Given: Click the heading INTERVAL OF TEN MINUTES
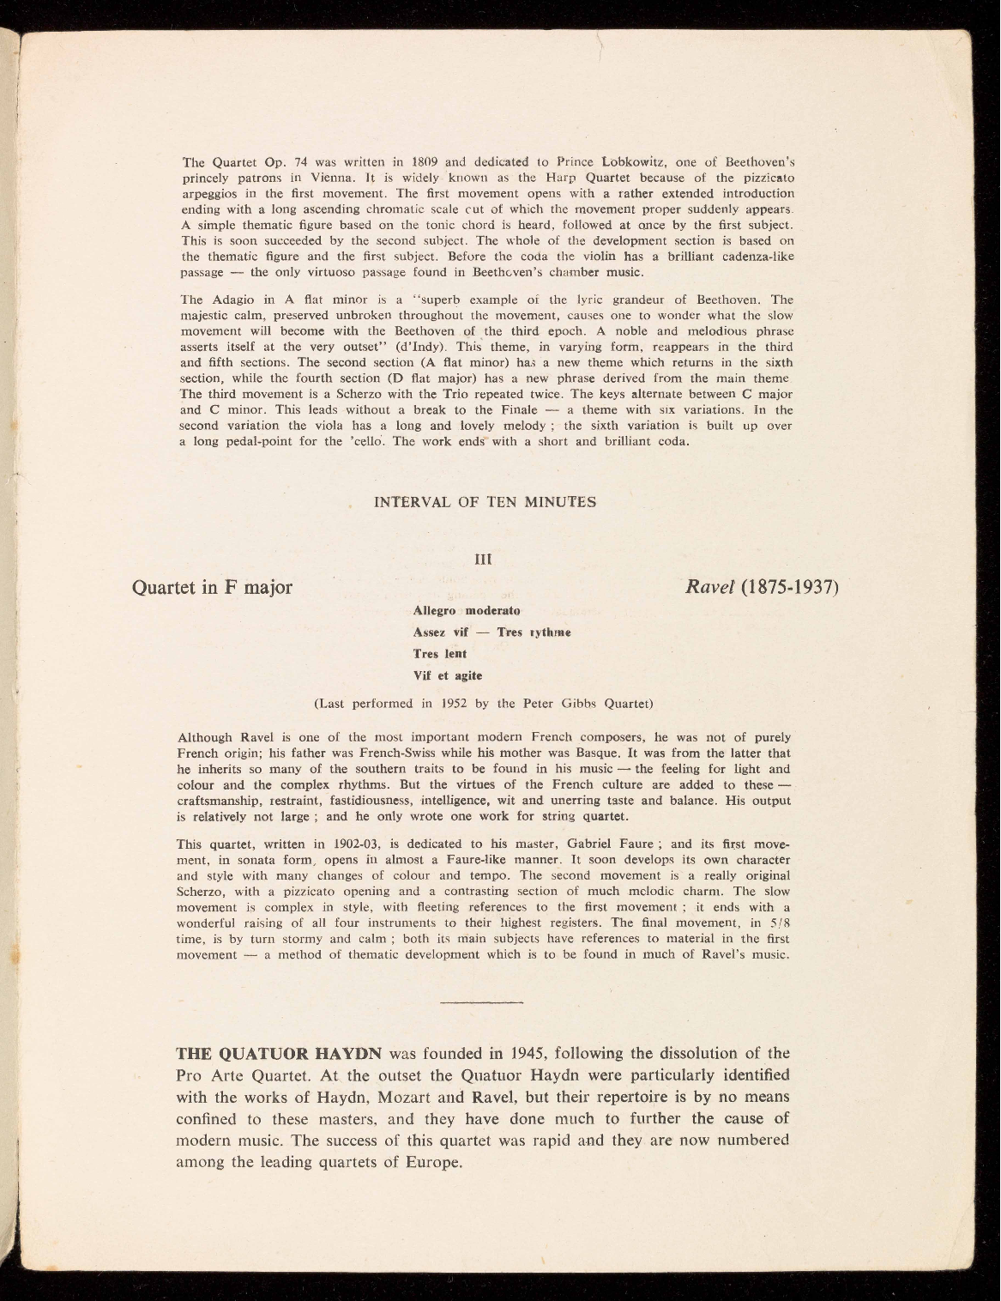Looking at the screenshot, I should (x=485, y=502).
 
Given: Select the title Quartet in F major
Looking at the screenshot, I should (x=213, y=588).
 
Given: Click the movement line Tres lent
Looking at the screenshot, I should (x=440, y=654).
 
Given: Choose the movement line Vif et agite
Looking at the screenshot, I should (x=448, y=675).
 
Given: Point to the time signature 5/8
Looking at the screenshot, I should (x=779, y=923).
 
